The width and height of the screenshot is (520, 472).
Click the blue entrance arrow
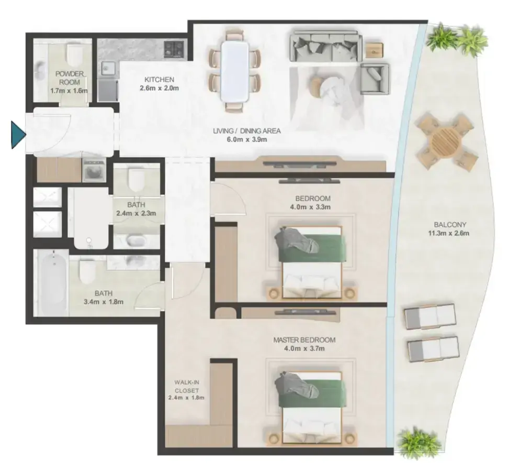pyautogui.click(x=18, y=135)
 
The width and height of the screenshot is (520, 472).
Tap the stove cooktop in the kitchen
pyautogui.click(x=174, y=49)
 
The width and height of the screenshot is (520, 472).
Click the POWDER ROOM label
pyautogui.click(x=70, y=78)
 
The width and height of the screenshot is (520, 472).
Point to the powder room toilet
pyautogui.click(x=76, y=55)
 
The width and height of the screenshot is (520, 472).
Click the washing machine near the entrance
pyautogui.click(x=94, y=169)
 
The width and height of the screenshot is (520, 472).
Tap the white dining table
pyautogui.click(x=235, y=71)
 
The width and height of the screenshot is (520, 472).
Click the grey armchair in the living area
pyautogui.click(x=375, y=79)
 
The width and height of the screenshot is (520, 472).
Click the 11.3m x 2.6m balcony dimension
pyautogui.click(x=448, y=233)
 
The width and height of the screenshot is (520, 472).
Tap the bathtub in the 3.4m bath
pyautogui.click(x=52, y=283)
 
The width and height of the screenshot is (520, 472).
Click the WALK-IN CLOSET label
pyautogui.click(x=186, y=386)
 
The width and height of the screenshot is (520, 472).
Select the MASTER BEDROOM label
pyautogui.click(x=304, y=340)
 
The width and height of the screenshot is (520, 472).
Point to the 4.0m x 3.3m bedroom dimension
pyautogui.click(x=313, y=207)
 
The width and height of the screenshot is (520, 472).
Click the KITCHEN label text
pyautogui.click(x=159, y=80)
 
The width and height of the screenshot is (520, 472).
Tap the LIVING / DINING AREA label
pyautogui.click(x=247, y=131)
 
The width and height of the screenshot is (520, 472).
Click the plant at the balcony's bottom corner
pyautogui.click(x=419, y=443)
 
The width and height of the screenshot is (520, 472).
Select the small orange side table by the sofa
pyautogui.click(x=374, y=50)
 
